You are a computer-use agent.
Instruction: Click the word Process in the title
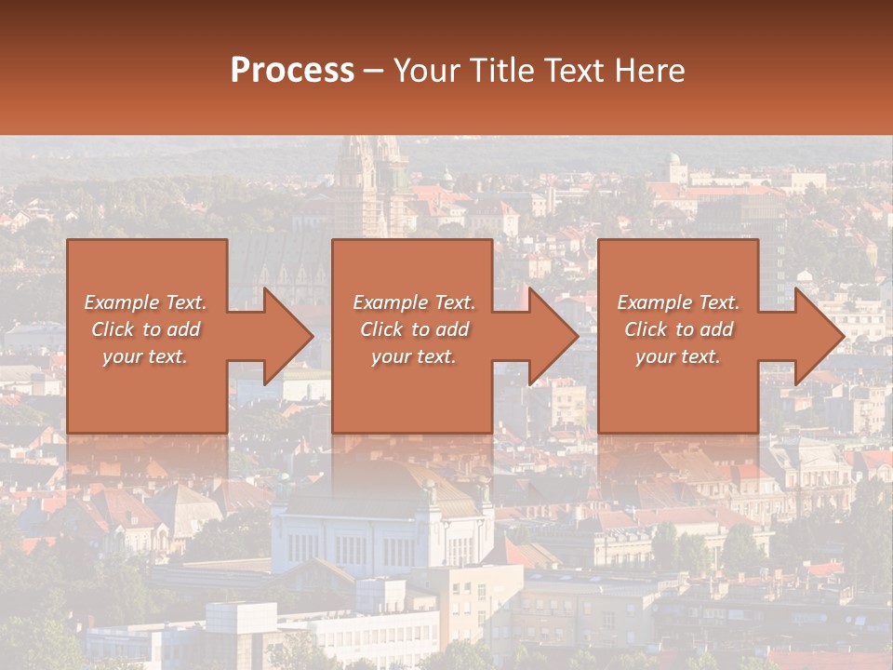292,71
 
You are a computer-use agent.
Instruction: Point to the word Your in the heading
425,71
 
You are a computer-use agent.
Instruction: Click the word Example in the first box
122,302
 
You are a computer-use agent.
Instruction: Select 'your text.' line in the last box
678,356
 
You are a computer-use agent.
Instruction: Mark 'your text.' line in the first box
145,356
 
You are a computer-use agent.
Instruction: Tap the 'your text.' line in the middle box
413,356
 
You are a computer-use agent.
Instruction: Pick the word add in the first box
182,329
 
